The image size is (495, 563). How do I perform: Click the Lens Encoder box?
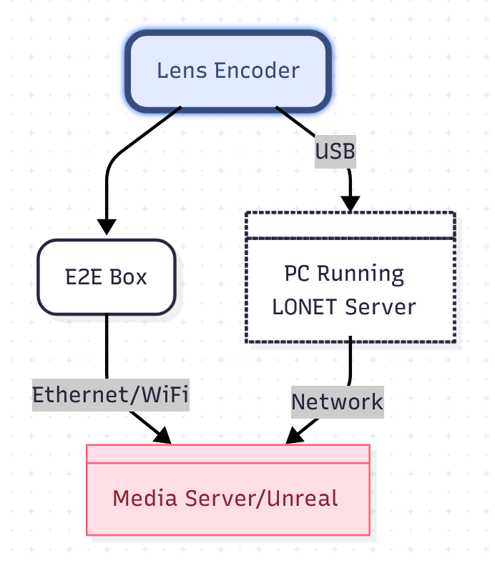pos(227,71)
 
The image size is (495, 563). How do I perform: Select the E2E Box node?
pos(107,277)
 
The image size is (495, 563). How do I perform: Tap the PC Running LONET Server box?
pos(351,289)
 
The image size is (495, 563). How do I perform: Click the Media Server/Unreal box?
pos(227,498)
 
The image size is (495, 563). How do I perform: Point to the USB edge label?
pos(335,151)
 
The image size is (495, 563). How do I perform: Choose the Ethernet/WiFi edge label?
pos(111,395)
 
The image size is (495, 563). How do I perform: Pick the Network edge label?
pos(337,402)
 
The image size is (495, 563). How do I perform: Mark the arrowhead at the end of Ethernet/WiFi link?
pos(162,435)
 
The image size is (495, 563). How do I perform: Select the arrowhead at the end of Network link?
pos(294,435)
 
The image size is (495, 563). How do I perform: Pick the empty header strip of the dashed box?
pos(351,224)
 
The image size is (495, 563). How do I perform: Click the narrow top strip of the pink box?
pos(227,454)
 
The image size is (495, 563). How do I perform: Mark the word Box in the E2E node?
pos(129,277)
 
